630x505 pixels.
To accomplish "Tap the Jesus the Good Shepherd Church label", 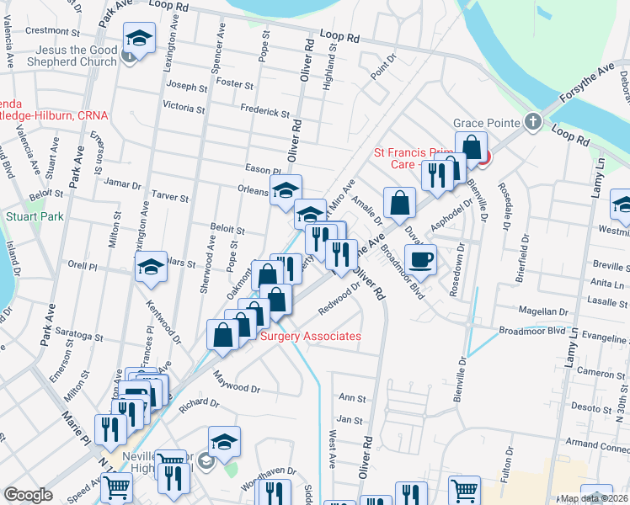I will point(72,56).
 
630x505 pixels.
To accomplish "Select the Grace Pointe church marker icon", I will point(531,122).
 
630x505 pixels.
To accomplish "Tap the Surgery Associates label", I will point(311,337).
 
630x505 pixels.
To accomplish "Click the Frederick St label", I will point(264,113).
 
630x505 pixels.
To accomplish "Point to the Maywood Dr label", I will point(237,382).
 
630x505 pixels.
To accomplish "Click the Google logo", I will point(29,495).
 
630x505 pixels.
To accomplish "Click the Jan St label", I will point(349,419).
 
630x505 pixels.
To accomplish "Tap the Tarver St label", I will point(170,196).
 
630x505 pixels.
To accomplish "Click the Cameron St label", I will point(601,373).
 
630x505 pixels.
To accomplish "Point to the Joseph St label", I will point(186,87).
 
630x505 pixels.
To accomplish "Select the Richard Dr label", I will point(199,403).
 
